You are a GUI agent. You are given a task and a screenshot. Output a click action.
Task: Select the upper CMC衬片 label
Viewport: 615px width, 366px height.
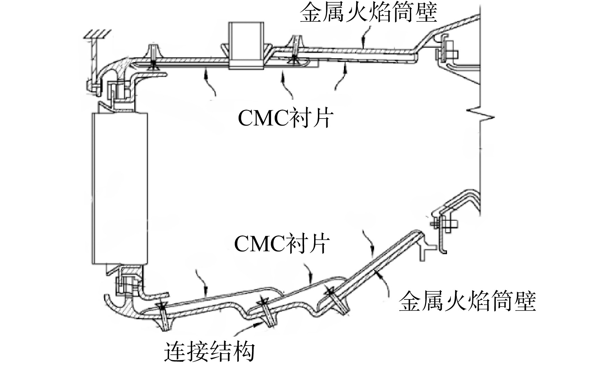coord(284,119)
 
